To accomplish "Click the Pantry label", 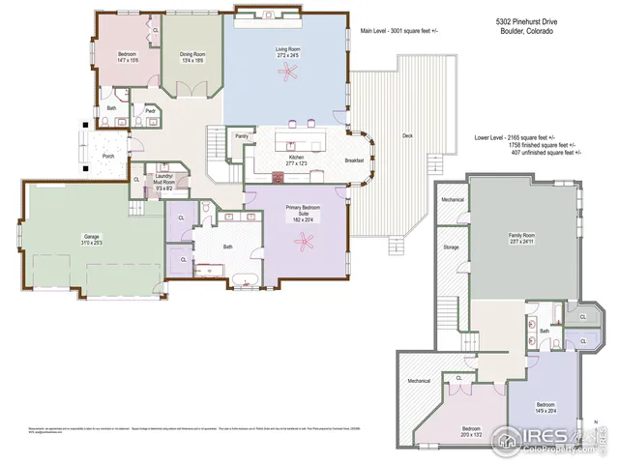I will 242,136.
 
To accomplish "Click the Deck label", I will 407,136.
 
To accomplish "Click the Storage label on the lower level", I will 452,247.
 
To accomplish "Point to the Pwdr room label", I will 150,111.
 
